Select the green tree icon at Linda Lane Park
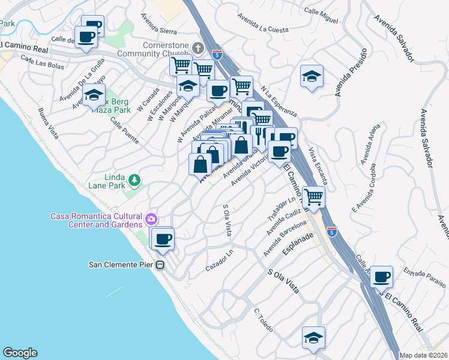click(135, 179)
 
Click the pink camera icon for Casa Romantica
click(151, 218)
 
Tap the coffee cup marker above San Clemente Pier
click(162, 239)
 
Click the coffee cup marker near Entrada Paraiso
click(381, 277)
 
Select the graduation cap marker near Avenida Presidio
click(312, 76)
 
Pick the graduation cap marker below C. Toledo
click(313, 338)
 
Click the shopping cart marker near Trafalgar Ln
click(313, 196)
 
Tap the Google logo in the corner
click(19, 353)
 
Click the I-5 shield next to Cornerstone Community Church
click(220, 55)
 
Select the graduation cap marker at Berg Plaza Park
click(94, 95)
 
